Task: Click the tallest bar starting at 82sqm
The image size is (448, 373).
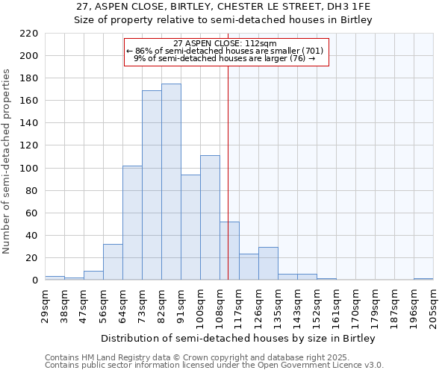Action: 171,182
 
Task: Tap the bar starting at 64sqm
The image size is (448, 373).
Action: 132,223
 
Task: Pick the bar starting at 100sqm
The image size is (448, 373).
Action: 210,218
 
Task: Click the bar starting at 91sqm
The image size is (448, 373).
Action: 190,228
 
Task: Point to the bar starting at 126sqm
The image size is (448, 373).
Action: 268,263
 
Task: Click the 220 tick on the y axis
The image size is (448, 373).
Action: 30,34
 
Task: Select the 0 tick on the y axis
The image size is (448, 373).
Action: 34,280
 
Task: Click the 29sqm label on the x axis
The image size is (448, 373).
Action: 45,304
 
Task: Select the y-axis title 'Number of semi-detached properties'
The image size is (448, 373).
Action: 7,161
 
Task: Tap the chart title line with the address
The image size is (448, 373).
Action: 223,7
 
